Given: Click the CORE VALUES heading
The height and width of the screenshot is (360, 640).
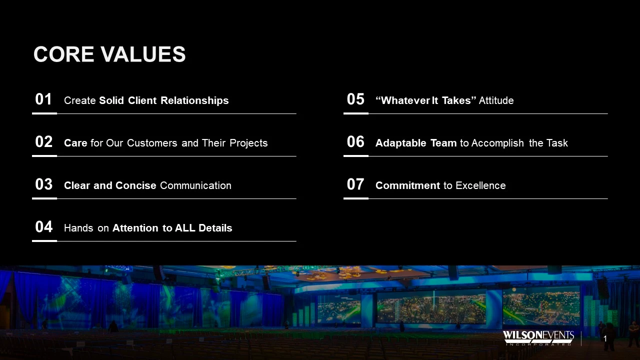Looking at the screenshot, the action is [x=109, y=54].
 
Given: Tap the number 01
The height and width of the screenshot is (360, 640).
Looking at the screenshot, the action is [x=43, y=99].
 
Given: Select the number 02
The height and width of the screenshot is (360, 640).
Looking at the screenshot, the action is [x=43, y=141].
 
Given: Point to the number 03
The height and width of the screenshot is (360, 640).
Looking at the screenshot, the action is [x=43, y=184].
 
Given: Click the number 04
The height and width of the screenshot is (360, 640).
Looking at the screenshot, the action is [x=43, y=227].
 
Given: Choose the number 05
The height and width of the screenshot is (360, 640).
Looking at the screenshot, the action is [x=355, y=99].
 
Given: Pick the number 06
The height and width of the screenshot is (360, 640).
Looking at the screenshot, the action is [x=355, y=141].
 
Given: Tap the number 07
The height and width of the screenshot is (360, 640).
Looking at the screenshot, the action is [x=355, y=184].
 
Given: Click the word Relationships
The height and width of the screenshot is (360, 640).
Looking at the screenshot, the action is [x=194, y=101].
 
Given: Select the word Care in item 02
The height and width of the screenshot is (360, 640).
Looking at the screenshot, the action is [x=75, y=143].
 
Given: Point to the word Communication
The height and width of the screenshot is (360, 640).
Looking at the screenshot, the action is [x=195, y=185].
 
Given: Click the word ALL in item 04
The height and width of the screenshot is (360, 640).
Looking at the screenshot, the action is [x=185, y=228].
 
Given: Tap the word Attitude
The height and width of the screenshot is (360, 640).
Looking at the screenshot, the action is [x=496, y=100].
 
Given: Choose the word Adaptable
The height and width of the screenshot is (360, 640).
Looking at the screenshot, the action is [x=401, y=143].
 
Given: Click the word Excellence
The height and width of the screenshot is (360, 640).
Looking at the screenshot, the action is [x=480, y=185].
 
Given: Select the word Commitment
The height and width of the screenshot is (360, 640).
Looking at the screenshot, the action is [x=407, y=185].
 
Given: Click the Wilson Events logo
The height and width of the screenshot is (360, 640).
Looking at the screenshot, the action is [x=538, y=338].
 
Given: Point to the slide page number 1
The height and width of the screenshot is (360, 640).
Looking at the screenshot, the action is [x=605, y=339].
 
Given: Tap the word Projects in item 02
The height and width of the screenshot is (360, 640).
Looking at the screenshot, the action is [x=248, y=143].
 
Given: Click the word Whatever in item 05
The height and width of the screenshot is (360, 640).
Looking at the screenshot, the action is [x=405, y=100].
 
